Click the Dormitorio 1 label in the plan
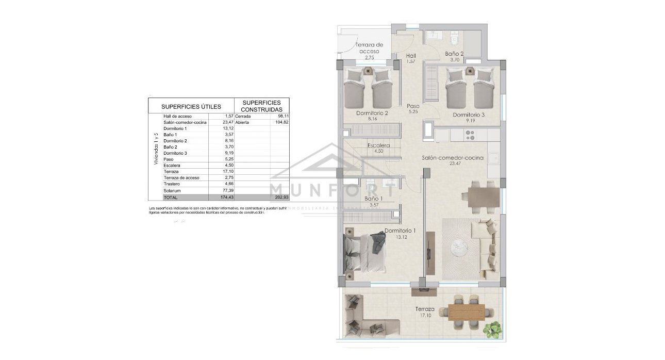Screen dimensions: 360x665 [x=400, y=231]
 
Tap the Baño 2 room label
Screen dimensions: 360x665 [x=455, y=54]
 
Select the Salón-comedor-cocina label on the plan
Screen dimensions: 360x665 [x=453, y=158]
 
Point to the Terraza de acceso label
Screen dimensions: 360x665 [x=369, y=48]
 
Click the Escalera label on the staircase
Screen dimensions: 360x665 [x=378, y=145]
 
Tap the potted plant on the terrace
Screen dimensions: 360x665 [x=493, y=329]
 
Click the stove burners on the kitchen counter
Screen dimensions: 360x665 [x=470, y=135]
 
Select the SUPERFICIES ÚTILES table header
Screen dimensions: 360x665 [x=191, y=106]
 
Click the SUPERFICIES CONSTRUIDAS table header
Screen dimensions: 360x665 [x=262, y=106]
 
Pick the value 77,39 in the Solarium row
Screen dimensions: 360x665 [x=227, y=190]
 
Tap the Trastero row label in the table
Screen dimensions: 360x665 [x=172, y=184]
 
